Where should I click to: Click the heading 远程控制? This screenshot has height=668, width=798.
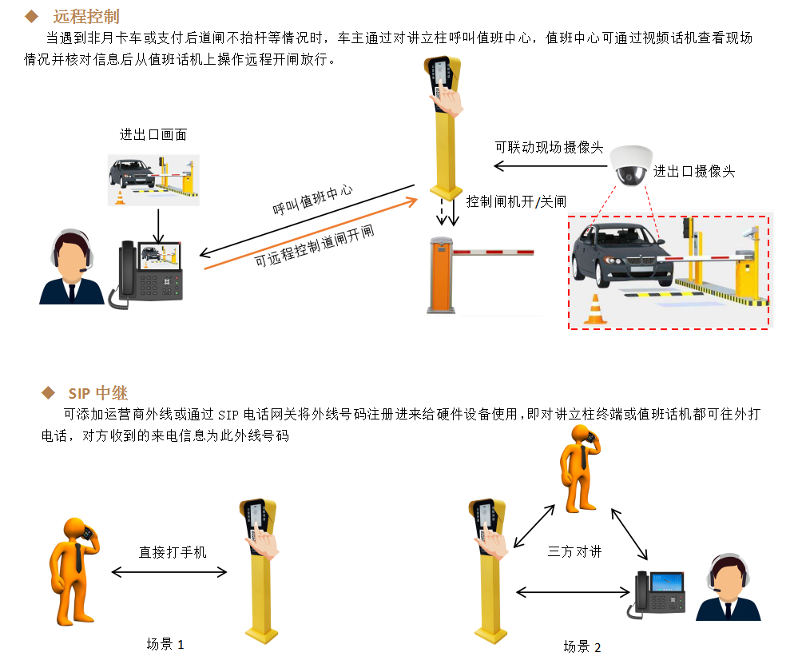pyautogui.click(x=86, y=16)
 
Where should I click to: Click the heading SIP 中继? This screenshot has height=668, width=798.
pyautogui.click(x=97, y=393)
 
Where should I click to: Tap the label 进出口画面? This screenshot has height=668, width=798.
pyautogui.click(x=153, y=134)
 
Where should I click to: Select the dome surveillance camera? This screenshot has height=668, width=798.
pyautogui.click(x=630, y=165)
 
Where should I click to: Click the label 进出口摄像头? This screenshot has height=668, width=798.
pyautogui.click(x=694, y=171)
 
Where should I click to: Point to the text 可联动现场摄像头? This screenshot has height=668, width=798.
pyautogui.click(x=549, y=147)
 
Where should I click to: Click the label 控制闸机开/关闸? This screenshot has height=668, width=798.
pyautogui.click(x=516, y=201)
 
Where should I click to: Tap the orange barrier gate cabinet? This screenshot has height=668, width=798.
pyautogui.click(x=441, y=275)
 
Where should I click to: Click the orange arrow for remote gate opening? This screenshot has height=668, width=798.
pyautogui.click(x=311, y=233)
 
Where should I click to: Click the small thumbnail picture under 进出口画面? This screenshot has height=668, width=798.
pyautogui.click(x=153, y=181)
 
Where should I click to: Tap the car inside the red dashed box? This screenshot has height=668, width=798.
pyautogui.click(x=623, y=254)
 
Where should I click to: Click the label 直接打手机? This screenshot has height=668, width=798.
pyautogui.click(x=173, y=552)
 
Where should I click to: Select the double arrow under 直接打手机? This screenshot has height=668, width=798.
pyautogui.click(x=169, y=572)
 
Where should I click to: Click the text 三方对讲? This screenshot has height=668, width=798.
pyautogui.click(x=574, y=551)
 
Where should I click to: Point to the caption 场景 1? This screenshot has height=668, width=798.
pyautogui.click(x=165, y=644)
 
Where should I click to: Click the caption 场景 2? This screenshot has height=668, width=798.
pyautogui.click(x=582, y=646)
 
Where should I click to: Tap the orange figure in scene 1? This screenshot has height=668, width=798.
pyautogui.click(x=74, y=571)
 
